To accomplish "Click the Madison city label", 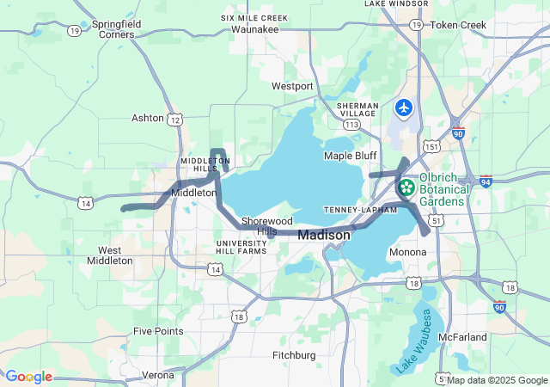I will point(324,235).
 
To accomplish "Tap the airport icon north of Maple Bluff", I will point(404,108).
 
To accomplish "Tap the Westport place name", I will point(292,86).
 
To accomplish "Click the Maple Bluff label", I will point(351,156).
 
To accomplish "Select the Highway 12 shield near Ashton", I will point(174,120).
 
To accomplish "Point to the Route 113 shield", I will point(351,124).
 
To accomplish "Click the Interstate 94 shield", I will point(486,181).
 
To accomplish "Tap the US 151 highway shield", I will point(433,147).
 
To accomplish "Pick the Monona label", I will point(407,252).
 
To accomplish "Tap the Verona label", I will point(157,375).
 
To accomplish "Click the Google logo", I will point(28,377).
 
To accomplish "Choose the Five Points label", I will point(158,330).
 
